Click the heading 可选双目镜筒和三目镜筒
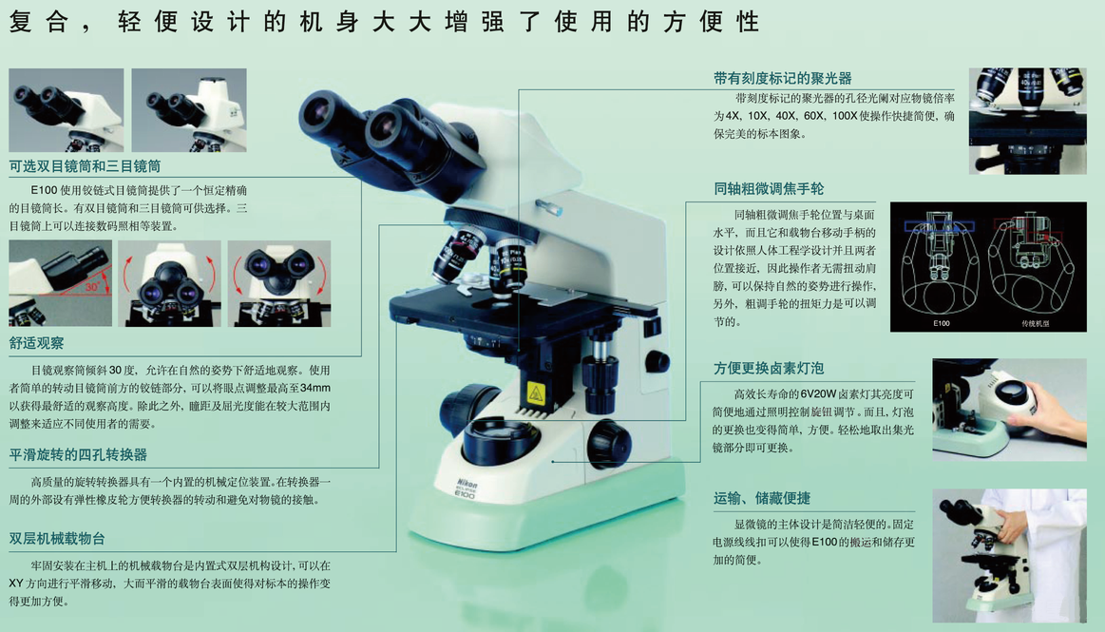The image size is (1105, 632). coord(85,166)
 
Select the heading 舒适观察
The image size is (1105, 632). coord(37,343)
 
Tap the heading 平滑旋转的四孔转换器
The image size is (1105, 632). coord(78,454)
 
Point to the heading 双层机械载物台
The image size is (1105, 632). coord(57,539)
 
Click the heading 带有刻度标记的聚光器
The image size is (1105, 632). coord(782,78)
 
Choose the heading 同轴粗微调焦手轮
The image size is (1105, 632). coord(768,189)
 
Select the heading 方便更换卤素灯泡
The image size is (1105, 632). coord(768,368)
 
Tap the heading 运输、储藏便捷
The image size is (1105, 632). coord(761,498)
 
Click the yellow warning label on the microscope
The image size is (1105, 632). coord(536,393)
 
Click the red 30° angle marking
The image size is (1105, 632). coord(92,287)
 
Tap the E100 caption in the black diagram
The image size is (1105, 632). coord(942,323)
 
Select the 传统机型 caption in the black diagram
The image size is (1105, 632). coord(1036,323)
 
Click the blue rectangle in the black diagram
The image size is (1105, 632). coord(940,226)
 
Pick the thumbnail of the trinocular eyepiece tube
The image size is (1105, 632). coord(189,110)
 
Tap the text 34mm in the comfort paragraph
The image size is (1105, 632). coord(315,388)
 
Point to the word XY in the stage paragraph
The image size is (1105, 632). coord(16,584)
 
